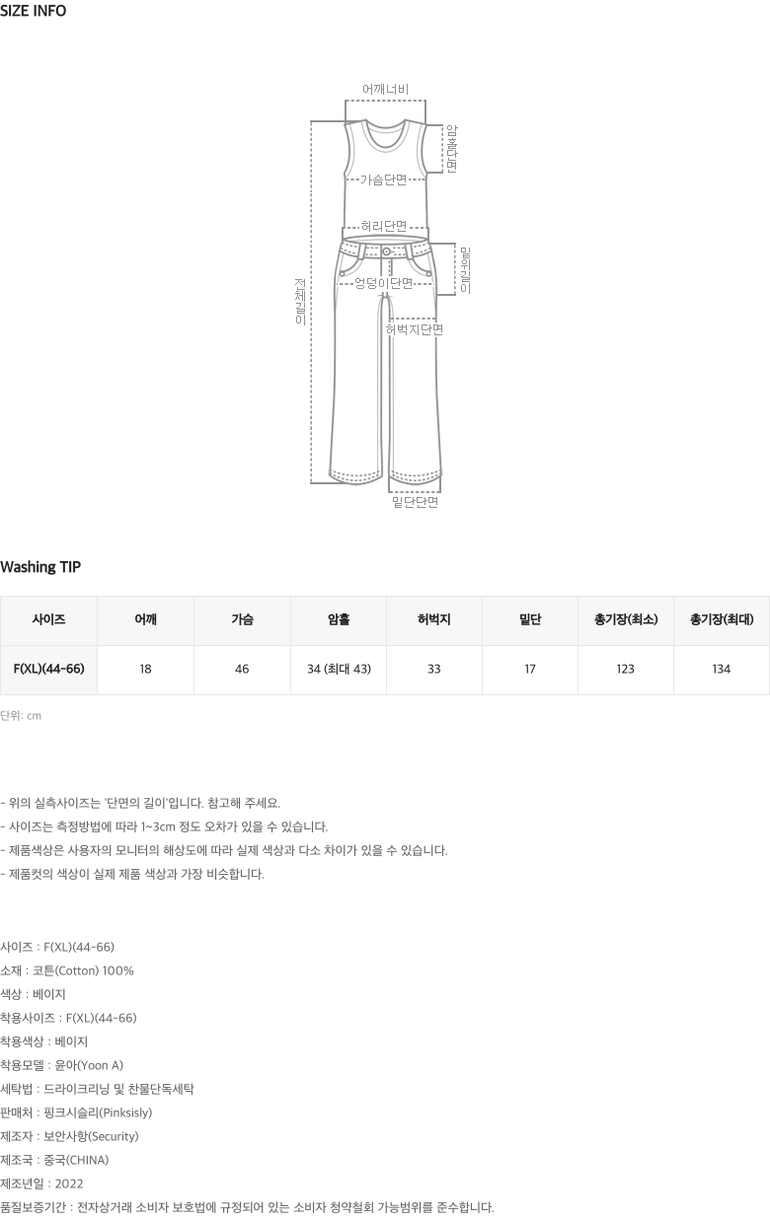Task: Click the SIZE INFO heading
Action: point(33,11)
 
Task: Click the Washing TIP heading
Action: point(40,567)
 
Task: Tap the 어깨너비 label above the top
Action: point(386,90)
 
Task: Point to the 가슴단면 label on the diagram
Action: point(384,179)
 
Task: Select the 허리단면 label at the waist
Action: point(384,226)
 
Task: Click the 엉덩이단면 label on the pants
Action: point(384,283)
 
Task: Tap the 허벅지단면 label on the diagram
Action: point(415,329)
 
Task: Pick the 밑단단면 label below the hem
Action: point(416,502)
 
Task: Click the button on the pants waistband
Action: point(386,251)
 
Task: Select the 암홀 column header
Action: point(339,619)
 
